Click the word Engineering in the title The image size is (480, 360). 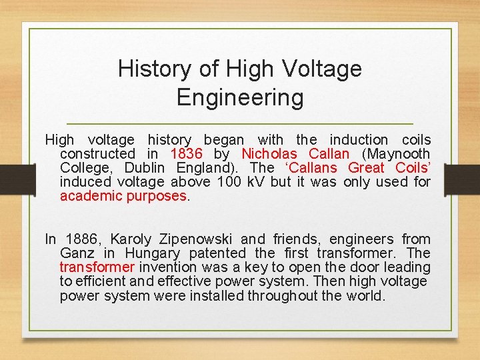[240, 98]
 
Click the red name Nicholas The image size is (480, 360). [269, 154]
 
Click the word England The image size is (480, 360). [207, 168]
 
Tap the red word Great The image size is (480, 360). [366, 168]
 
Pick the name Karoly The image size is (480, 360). [131, 239]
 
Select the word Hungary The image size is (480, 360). [152, 253]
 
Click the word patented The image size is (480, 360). [217, 253]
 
